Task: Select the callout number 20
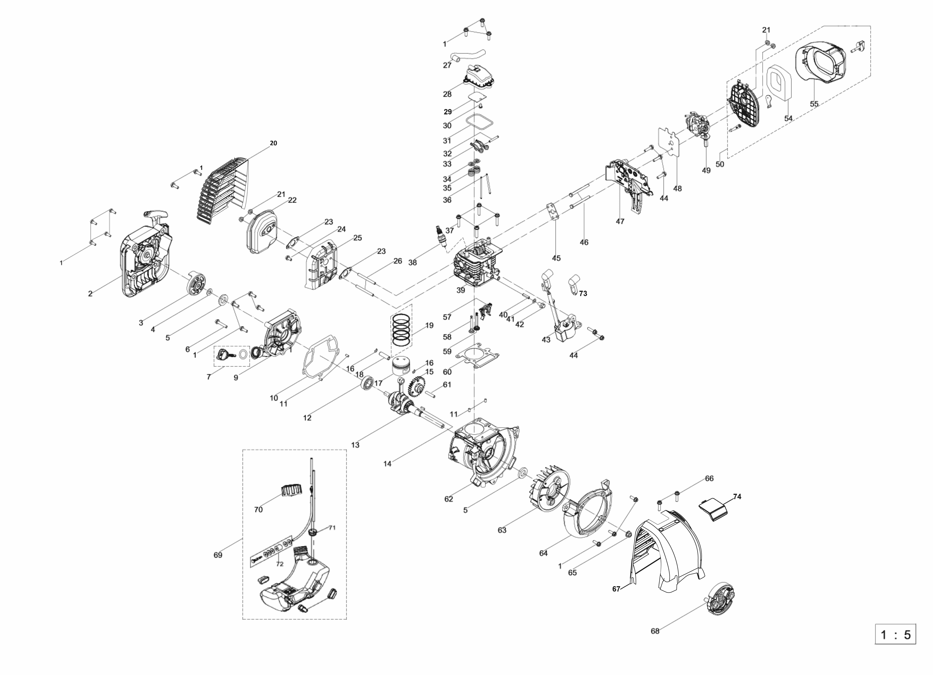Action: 273,143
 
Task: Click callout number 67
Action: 616,589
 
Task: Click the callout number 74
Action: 737,497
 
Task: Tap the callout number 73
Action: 583,294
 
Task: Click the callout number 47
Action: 620,222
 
